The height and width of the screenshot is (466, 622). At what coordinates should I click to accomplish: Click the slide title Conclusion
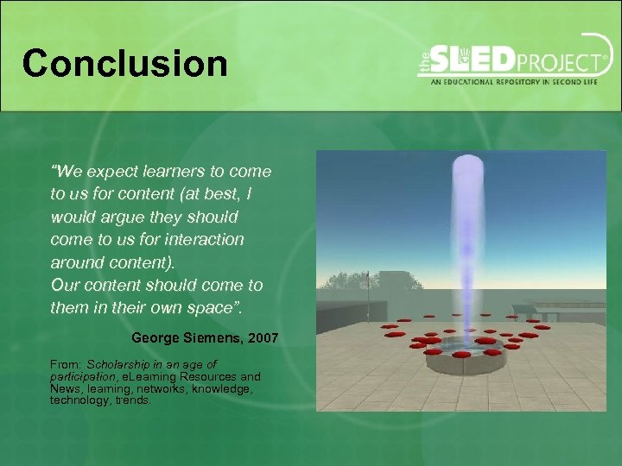[125, 63]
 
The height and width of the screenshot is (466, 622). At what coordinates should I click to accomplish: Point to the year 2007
[263, 338]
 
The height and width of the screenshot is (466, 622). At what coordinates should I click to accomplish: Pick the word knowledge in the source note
[224, 389]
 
